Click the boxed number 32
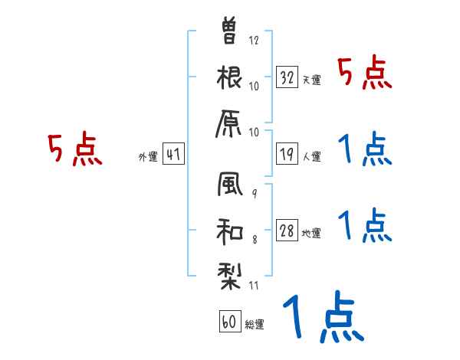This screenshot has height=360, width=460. point(287,77)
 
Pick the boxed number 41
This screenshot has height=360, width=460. point(173,155)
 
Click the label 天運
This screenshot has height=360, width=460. point(310,79)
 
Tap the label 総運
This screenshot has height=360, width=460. point(255,325)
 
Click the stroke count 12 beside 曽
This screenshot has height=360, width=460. point(254,40)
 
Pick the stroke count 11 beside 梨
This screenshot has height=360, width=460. point(254,285)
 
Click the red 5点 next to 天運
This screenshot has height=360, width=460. point(365,74)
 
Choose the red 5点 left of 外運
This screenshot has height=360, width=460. point(74,149)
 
